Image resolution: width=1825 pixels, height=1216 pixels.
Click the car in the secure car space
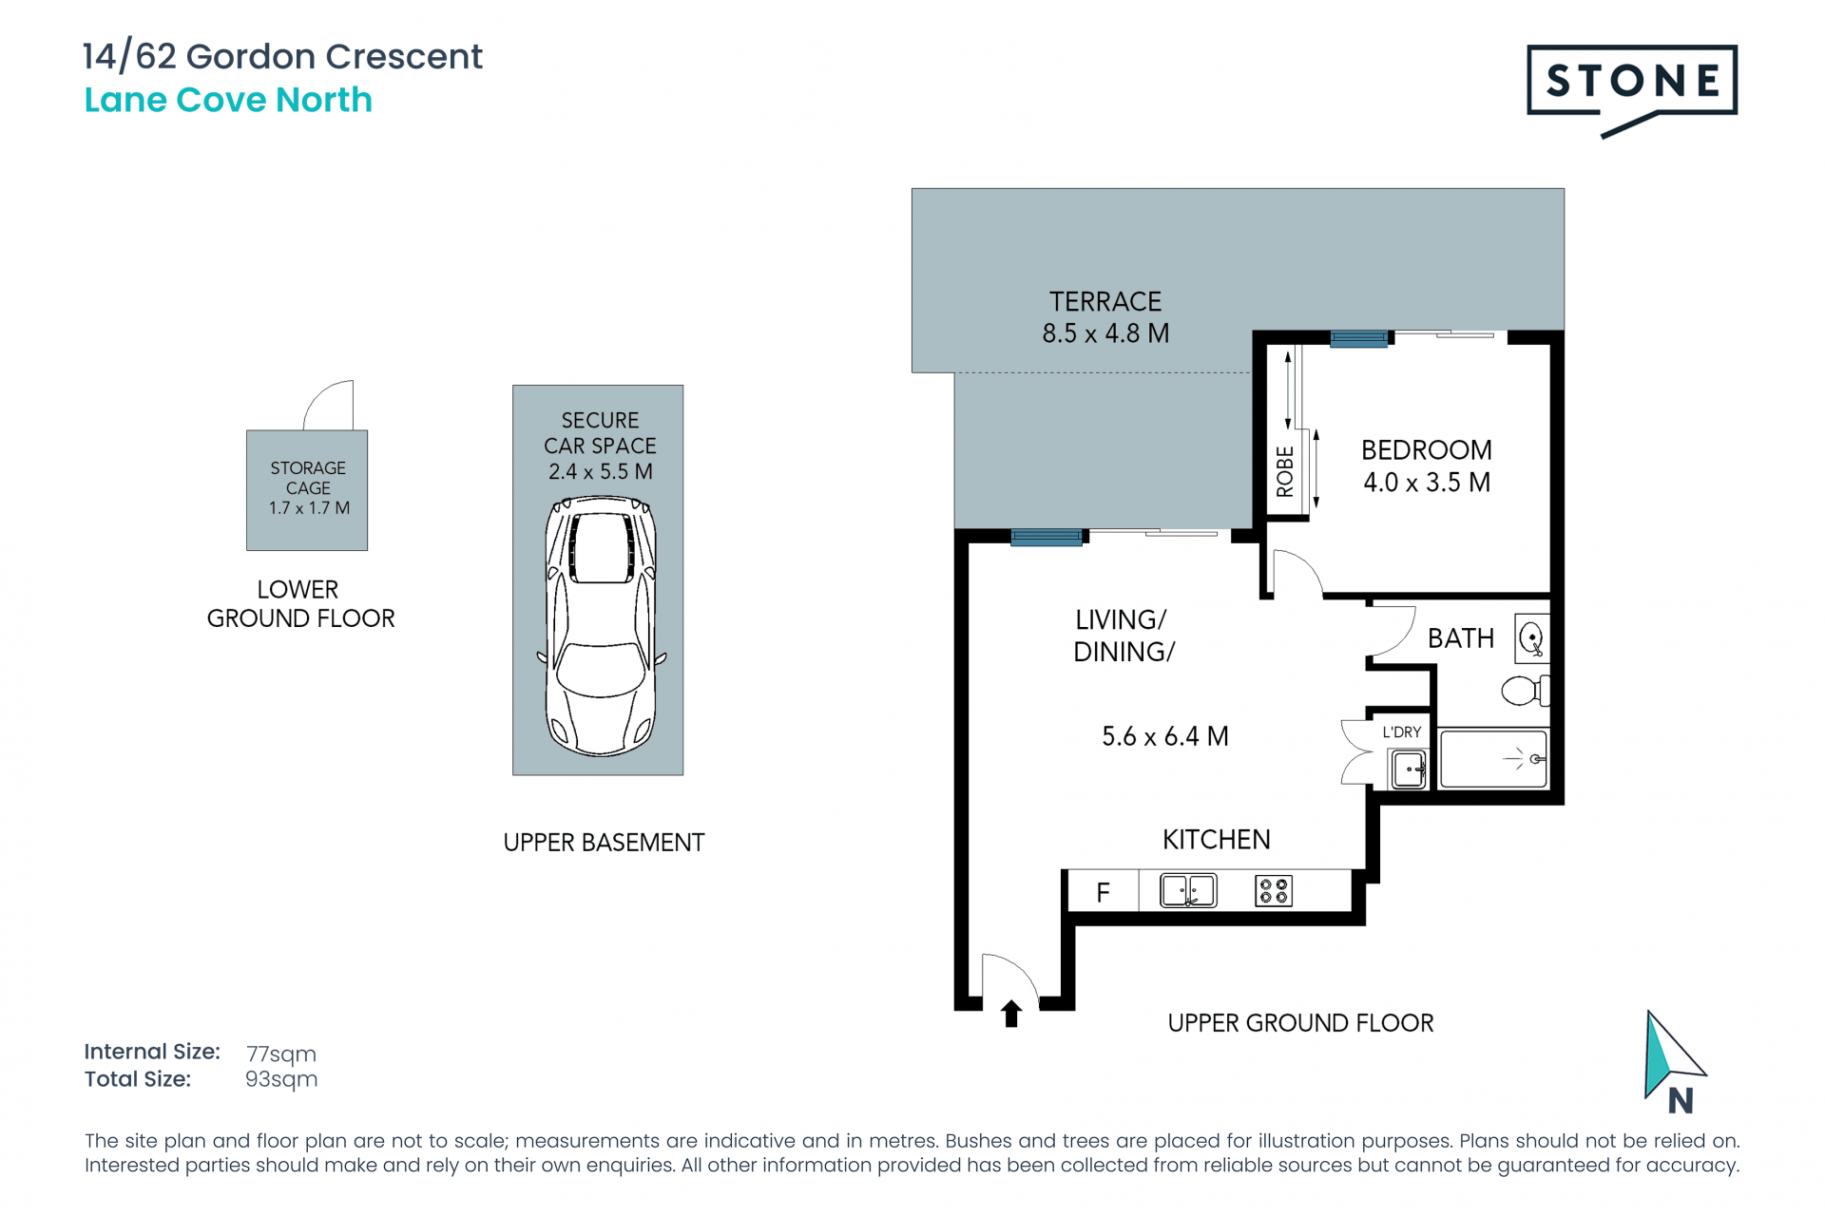tap(600, 627)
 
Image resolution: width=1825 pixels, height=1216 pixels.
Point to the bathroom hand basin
tap(1532, 637)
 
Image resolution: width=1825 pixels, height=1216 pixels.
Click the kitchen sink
tap(1188, 891)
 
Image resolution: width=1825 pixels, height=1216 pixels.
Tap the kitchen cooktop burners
tap(1274, 891)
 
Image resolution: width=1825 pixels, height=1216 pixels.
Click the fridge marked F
tap(1104, 892)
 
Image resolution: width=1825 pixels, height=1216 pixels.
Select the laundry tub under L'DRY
tap(1408, 769)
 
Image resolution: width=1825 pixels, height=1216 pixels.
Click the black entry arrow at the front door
tap(1011, 1014)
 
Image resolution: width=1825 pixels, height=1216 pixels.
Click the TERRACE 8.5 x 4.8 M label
tap(1105, 317)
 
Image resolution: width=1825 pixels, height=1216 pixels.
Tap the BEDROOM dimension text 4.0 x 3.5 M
tap(1427, 483)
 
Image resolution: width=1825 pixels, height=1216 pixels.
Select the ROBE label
tap(1285, 472)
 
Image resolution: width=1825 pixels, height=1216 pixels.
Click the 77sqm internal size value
tap(281, 1054)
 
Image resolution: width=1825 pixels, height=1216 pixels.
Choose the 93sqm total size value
tap(281, 1079)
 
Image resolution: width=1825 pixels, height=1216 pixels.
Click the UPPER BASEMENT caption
tap(604, 843)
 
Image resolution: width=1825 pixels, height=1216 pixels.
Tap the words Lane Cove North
tap(228, 100)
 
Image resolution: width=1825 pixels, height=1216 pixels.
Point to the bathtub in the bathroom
tap(1493, 758)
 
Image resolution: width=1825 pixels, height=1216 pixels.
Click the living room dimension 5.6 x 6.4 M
tap(1165, 736)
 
